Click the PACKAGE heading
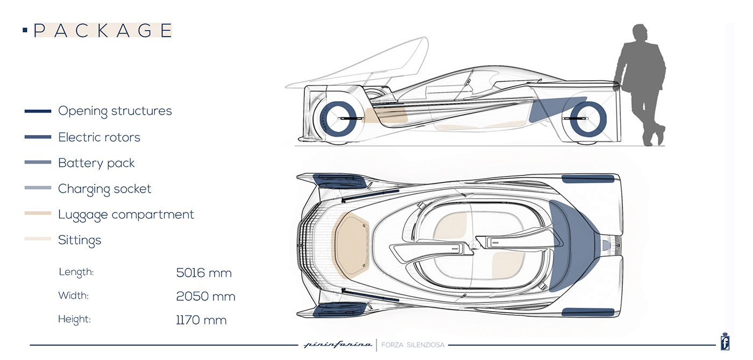click(103, 31)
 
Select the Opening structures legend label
click(115, 111)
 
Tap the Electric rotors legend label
click(99, 137)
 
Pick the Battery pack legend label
click(96, 163)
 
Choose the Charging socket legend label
click(104, 189)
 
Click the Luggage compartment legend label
click(126, 214)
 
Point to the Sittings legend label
click(80, 240)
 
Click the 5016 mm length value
click(204, 273)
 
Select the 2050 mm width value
click(205, 297)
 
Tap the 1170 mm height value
click(201, 320)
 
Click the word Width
click(73, 295)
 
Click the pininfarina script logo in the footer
click(337, 344)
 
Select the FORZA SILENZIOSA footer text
click(413, 345)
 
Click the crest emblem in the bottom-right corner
click(724, 343)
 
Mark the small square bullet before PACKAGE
click(25, 31)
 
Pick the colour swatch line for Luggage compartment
click(38, 214)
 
